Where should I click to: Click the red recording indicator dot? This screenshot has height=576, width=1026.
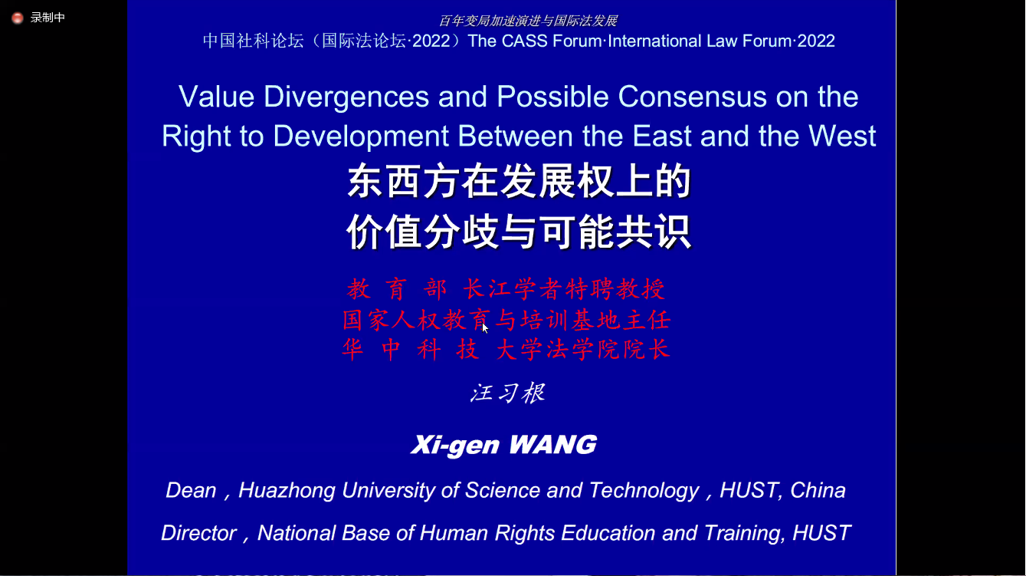(18, 18)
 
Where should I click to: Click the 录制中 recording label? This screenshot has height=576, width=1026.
(48, 18)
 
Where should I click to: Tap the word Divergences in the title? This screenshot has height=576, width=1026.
(346, 97)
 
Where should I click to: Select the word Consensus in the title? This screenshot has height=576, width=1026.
(692, 97)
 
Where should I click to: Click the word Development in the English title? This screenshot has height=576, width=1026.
(361, 137)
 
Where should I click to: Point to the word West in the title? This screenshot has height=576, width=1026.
(842, 136)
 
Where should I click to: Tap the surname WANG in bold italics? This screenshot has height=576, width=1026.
(553, 444)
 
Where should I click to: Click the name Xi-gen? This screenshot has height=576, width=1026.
(455, 446)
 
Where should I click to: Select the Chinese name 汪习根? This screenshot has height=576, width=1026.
(507, 393)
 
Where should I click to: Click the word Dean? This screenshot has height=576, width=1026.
(191, 490)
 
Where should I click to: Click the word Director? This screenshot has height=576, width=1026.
(198, 533)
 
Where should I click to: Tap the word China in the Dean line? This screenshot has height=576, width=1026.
(818, 490)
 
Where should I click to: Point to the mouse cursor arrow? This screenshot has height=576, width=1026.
(485, 328)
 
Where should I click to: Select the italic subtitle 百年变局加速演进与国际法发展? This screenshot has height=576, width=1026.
(528, 21)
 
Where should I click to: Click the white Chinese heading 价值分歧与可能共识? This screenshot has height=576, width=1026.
(519, 232)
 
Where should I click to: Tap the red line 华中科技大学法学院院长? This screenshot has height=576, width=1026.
(506, 350)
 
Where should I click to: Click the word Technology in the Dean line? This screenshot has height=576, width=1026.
(644, 491)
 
